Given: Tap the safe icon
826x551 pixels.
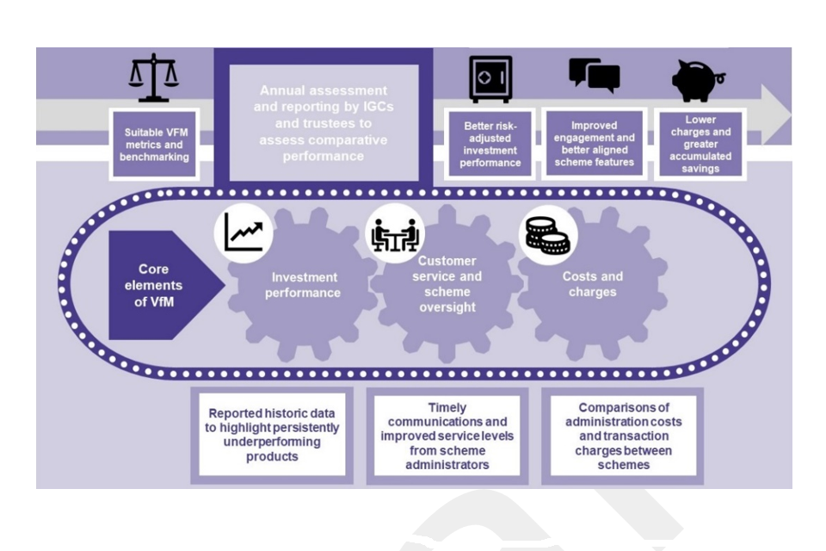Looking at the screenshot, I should (x=490, y=79).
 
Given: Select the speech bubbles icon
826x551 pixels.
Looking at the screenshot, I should (x=595, y=77).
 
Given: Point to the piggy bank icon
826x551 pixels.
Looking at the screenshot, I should (x=699, y=78).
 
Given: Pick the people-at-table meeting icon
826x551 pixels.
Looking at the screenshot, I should (x=395, y=233).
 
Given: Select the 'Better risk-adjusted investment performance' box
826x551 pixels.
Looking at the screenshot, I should (x=490, y=143).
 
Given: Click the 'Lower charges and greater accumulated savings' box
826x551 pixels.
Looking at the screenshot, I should (x=699, y=143).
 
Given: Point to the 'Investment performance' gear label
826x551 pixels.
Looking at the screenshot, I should (x=305, y=285).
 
